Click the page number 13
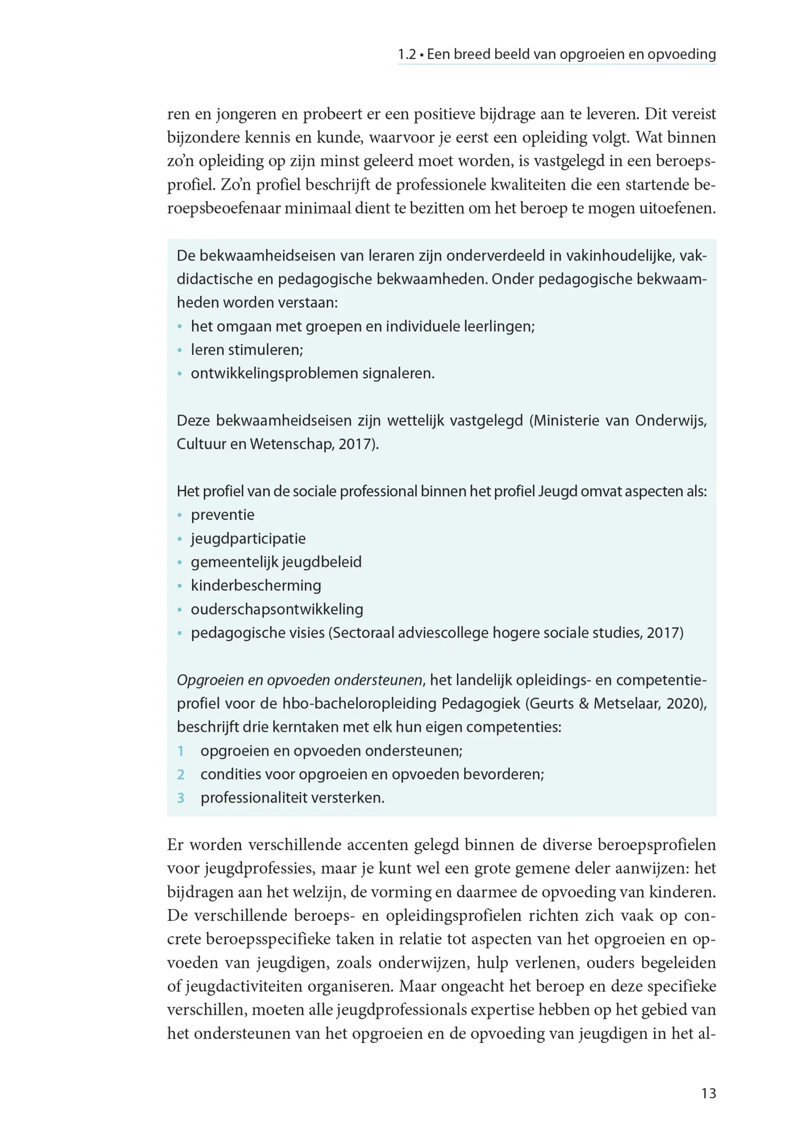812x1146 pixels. click(x=708, y=1094)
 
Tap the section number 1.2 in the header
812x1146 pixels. click(x=407, y=54)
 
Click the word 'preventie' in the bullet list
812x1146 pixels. click(x=223, y=515)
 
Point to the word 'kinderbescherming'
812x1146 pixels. click(x=256, y=585)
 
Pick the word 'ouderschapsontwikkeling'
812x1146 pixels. click(x=277, y=609)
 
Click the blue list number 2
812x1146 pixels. click(x=181, y=774)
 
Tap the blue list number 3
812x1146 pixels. click(x=181, y=798)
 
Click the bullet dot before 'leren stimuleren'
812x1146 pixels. click(x=180, y=351)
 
